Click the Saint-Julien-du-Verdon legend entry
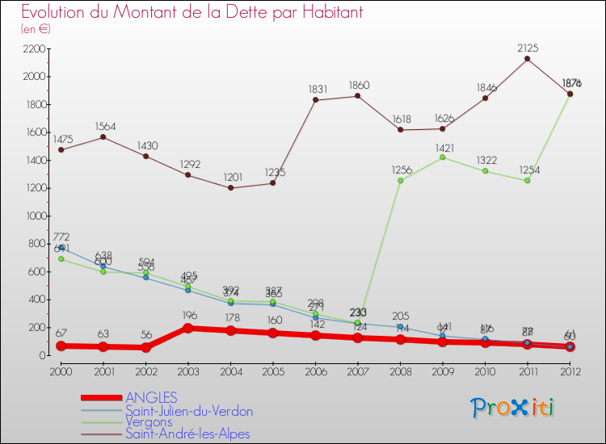pos(188,411)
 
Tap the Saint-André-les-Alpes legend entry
pos(187,434)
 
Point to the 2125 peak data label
pos(528,48)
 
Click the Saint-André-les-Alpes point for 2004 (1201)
pos(230,188)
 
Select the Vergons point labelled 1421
pos(443,157)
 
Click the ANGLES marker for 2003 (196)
pos(187,328)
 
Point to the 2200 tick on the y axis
pos(33,49)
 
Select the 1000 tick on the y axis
pos(33,216)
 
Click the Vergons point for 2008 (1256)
pos(400,180)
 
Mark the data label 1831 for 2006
pos(315,89)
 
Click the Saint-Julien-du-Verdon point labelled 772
pos(61,248)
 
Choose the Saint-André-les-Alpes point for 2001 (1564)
pos(103,137)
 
